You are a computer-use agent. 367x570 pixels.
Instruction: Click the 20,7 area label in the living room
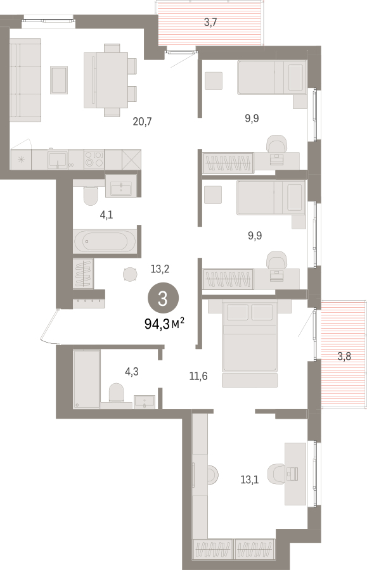point(142,122)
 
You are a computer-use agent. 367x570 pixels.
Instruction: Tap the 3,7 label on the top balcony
point(210,23)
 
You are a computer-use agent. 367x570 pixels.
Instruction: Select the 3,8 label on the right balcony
point(344,356)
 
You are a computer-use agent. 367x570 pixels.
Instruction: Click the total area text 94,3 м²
point(164,323)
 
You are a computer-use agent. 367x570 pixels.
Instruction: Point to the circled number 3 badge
point(163,298)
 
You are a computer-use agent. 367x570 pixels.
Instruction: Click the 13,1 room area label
point(250,480)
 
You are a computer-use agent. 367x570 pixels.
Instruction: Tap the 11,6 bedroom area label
point(198,376)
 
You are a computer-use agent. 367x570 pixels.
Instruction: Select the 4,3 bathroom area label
point(132,372)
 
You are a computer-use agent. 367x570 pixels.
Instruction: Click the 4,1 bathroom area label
point(106,215)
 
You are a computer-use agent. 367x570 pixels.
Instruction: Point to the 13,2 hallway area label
point(160,269)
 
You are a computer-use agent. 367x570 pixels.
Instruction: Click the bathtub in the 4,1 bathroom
point(105,241)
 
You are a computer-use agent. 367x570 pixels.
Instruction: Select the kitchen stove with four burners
point(94,159)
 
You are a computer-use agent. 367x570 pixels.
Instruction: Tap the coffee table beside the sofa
point(59,80)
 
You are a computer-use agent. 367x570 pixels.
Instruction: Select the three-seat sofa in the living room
point(25,80)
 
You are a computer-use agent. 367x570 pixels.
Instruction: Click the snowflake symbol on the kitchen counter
point(21,159)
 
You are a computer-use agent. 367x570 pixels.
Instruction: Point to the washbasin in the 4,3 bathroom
point(145,402)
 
